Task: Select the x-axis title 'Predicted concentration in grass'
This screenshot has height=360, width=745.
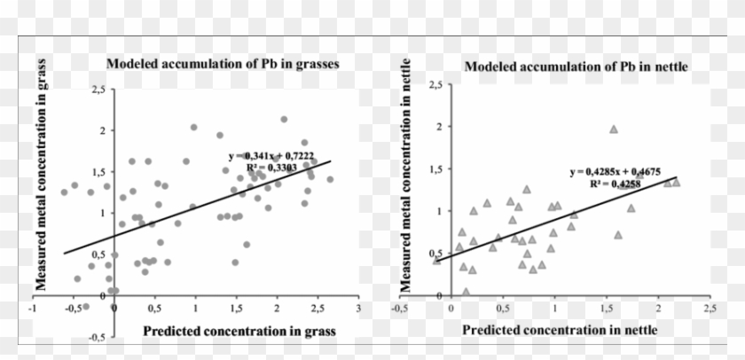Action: pos(227,331)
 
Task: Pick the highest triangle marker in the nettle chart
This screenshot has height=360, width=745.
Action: pos(613,129)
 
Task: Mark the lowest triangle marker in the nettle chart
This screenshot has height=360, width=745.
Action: pos(467,291)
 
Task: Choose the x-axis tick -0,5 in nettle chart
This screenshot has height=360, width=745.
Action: pos(399,308)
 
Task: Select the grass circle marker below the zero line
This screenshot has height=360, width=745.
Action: pos(86,306)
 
